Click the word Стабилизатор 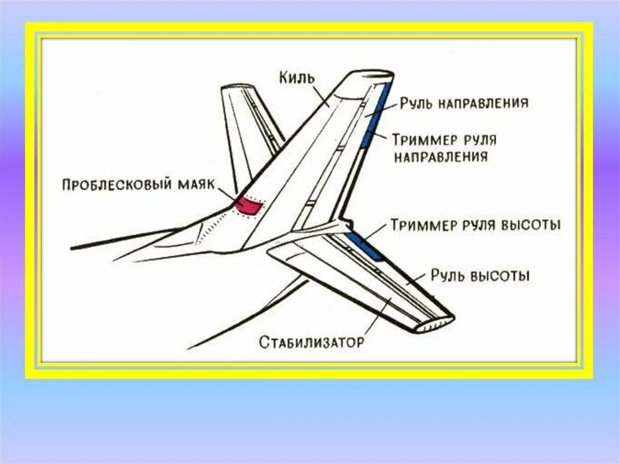point(311,342)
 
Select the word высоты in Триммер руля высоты point(530,225)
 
